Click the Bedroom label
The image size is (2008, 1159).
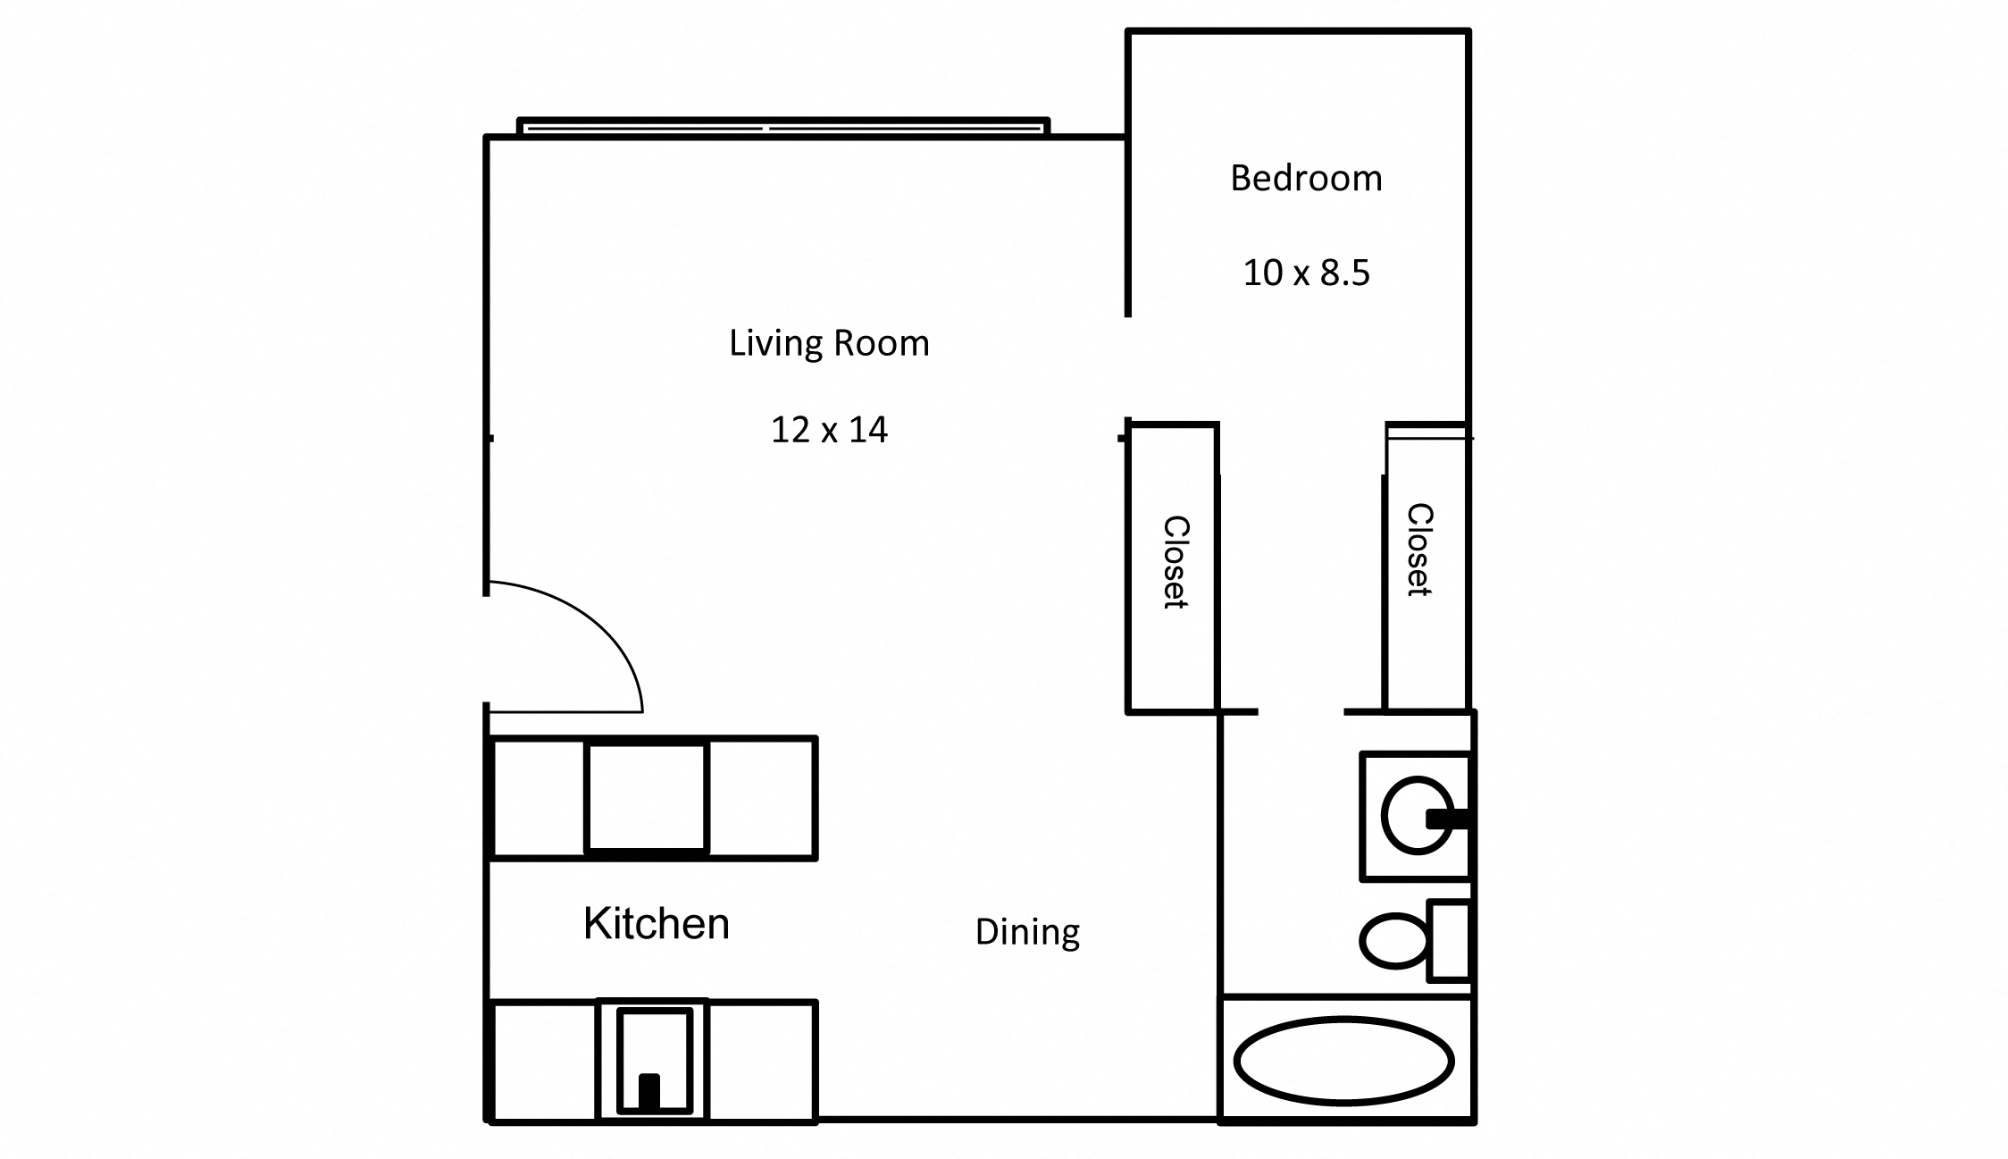(x=1306, y=179)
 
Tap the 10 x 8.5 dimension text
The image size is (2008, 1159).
(x=1306, y=273)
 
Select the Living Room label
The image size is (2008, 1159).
(x=829, y=343)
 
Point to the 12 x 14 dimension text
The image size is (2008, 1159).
(x=829, y=430)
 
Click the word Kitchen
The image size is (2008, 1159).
(x=657, y=923)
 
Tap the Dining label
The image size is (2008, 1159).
(x=1027, y=932)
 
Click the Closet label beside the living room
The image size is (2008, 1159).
(x=1175, y=562)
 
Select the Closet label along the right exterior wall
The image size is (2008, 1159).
(x=1419, y=550)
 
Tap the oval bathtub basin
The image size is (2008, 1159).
(x=1344, y=1061)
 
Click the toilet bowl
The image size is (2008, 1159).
(x=1393, y=940)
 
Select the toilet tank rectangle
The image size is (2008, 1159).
(x=1449, y=940)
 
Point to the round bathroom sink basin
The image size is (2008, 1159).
(x=1411, y=815)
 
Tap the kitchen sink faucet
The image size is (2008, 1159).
(x=649, y=1092)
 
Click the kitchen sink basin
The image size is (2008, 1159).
(x=655, y=1046)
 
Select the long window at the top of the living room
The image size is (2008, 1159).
(x=783, y=128)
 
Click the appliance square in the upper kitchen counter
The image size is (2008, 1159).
(x=647, y=797)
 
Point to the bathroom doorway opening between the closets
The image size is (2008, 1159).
(x=1301, y=712)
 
